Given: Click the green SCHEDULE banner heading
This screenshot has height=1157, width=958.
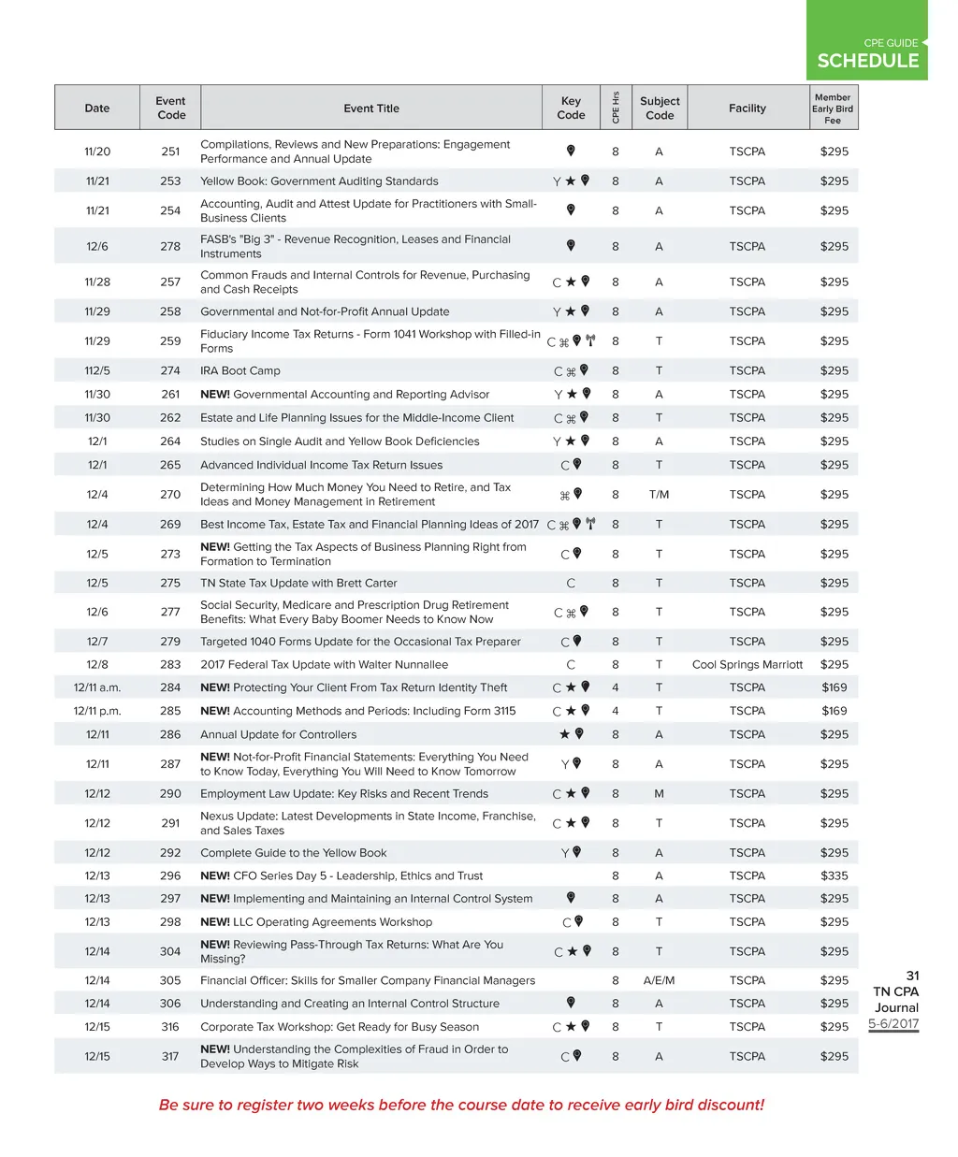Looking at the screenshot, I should point(867,61).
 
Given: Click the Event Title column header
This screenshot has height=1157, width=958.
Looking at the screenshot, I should point(370,108).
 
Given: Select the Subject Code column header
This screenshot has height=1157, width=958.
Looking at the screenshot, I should point(660,108).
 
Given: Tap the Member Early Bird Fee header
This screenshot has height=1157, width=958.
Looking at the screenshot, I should point(833,108).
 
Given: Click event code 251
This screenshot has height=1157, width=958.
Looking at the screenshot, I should point(170,152).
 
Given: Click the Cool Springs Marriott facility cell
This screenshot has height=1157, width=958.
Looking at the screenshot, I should point(747,665).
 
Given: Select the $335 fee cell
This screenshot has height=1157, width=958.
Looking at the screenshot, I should point(834,876).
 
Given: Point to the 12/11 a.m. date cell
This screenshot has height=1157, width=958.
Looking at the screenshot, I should point(97,687).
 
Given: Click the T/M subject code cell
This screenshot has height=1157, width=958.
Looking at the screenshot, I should point(659,495).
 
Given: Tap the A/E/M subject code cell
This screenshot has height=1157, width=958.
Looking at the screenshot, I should point(659,981).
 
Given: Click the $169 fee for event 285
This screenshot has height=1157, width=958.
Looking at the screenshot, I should point(834,711).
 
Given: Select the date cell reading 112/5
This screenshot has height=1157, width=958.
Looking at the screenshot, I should point(97,371).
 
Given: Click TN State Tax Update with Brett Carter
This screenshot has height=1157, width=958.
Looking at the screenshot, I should point(298,584).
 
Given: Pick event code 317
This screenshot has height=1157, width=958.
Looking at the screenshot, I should point(170,1057).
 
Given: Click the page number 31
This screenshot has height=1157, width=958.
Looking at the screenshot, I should point(912,976).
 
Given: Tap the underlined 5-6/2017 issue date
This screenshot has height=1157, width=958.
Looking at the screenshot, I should point(893,1023).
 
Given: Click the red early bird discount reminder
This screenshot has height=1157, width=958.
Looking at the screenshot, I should point(461,1105).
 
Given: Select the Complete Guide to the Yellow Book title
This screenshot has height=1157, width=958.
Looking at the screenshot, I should point(293,853).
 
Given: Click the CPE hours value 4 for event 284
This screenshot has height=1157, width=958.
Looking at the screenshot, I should point(615,687).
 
